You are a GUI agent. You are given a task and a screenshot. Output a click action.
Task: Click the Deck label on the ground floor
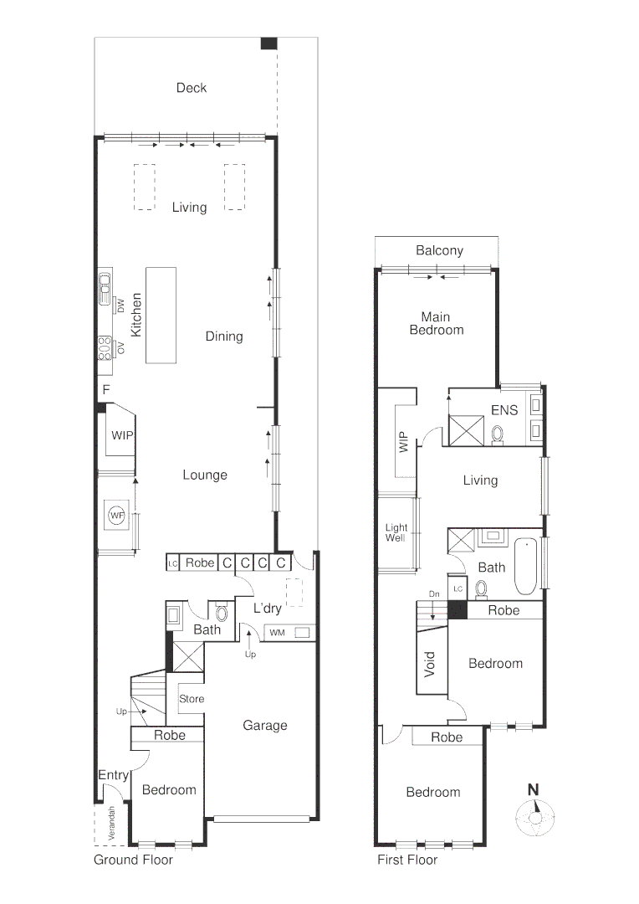click(x=192, y=88)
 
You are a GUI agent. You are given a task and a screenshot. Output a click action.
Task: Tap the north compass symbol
click(x=533, y=815)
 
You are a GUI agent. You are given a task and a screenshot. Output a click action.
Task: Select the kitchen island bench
click(x=161, y=315)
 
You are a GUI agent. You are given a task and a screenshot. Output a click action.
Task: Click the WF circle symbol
click(x=115, y=516)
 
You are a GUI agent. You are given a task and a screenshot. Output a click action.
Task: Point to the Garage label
click(x=265, y=726)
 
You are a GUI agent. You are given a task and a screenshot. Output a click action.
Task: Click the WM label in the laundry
click(x=276, y=632)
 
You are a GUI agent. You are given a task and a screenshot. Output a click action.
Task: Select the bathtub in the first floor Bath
click(x=525, y=567)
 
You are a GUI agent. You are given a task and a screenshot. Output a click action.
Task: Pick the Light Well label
click(x=396, y=533)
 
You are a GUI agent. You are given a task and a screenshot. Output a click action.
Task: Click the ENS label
click(x=504, y=410)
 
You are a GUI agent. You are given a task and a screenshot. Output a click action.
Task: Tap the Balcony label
click(x=439, y=250)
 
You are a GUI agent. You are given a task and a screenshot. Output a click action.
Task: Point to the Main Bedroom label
click(x=436, y=323)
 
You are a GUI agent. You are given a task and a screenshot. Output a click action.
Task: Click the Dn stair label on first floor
click(x=433, y=594)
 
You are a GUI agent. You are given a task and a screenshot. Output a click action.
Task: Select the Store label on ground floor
click(x=192, y=699)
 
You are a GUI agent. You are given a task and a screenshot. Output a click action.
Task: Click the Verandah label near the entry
click(x=112, y=824)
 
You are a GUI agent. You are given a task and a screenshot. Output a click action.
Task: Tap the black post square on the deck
click(x=268, y=44)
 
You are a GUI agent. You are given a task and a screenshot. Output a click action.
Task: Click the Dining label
click(x=224, y=336)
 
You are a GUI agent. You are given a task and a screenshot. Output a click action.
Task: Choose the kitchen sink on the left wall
click(x=105, y=290)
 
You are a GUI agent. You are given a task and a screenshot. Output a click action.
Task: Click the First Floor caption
click(x=407, y=860)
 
